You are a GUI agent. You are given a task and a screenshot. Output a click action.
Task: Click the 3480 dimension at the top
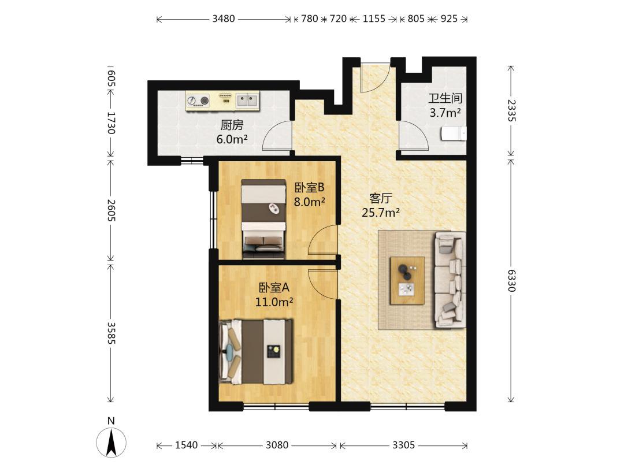(x=223, y=18)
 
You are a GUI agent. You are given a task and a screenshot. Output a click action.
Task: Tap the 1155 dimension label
(x=374, y=18)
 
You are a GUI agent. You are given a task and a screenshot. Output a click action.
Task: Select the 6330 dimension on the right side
(x=511, y=280)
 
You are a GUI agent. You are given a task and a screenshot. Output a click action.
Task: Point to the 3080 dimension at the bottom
(x=277, y=445)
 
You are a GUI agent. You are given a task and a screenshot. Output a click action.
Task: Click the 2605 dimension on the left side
(x=111, y=210)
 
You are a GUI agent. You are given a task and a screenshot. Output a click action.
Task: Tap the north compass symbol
(x=111, y=442)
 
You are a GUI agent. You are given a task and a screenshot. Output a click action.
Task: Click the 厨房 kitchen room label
(x=232, y=125)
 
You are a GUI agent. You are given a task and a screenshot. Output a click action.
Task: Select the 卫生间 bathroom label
(x=445, y=98)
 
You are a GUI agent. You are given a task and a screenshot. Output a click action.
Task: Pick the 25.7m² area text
(x=380, y=213)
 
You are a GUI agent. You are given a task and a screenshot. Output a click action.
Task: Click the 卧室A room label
(x=274, y=287)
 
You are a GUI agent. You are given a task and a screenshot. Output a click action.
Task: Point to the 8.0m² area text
(x=309, y=202)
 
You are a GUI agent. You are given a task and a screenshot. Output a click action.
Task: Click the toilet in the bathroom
(x=454, y=133)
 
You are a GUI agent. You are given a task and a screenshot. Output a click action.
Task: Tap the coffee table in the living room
(x=407, y=281)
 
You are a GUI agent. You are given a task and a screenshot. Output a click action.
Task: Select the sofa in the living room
(x=450, y=280)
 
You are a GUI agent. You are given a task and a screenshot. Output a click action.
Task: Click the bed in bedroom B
(x=264, y=220)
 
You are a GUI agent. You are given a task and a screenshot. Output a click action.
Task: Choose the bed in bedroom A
(x=255, y=351)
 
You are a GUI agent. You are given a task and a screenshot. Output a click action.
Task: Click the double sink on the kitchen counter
(x=247, y=100)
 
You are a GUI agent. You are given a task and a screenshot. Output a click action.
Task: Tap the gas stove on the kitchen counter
(x=199, y=101)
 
